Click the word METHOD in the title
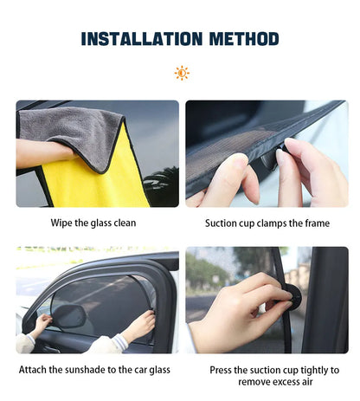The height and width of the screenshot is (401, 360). click(x=240, y=39)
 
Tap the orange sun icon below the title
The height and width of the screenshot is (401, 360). click(x=182, y=73)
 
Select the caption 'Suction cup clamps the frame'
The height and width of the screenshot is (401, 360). click(x=267, y=223)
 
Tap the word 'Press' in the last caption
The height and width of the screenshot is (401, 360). click(x=224, y=370)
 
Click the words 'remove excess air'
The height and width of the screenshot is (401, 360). click(x=267, y=382)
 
